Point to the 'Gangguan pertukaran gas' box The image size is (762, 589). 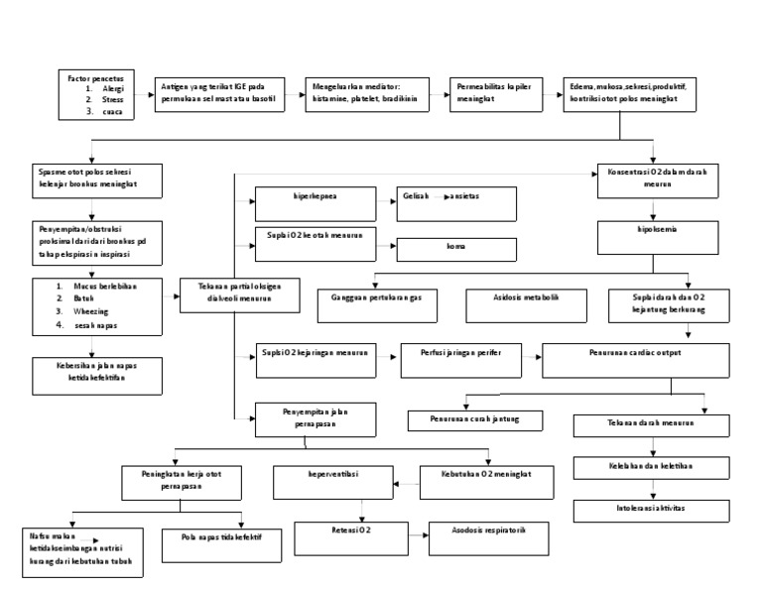(377, 303)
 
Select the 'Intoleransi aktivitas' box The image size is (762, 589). (651, 511)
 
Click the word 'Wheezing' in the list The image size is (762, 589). (105, 310)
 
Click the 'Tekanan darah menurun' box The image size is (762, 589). (651, 425)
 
